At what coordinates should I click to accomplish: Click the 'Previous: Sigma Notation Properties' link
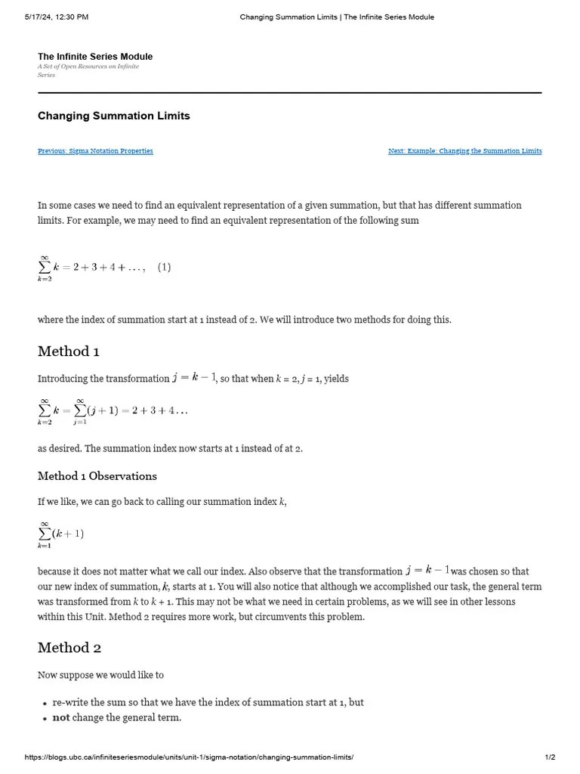click(x=95, y=151)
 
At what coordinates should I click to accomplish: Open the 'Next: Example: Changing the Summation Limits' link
click(x=464, y=151)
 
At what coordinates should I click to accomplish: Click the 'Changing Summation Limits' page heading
click(x=113, y=116)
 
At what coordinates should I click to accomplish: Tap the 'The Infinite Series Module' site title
click(x=95, y=57)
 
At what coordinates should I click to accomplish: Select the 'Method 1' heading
click(x=68, y=351)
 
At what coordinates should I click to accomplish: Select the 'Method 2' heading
click(x=69, y=648)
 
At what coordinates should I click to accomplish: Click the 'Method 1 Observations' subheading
click(x=97, y=476)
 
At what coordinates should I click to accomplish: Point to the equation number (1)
click(x=164, y=268)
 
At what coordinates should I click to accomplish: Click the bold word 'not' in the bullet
click(x=60, y=717)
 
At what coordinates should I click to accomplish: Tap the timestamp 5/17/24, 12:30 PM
click(x=56, y=17)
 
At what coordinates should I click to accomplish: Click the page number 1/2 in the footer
click(x=550, y=757)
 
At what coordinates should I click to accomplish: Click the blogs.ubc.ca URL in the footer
click(x=189, y=757)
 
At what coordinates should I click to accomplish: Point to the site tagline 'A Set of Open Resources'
click(x=88, y=67)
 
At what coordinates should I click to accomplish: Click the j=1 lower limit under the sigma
click(x=79, y=423)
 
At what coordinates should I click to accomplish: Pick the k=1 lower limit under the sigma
click(x=45, y=546)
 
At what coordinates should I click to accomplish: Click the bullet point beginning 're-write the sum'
click(x=208, y=702)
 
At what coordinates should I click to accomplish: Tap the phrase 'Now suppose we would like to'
click(x=100, y=675)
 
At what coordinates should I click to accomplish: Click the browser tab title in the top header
click(x=337, y=17)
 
